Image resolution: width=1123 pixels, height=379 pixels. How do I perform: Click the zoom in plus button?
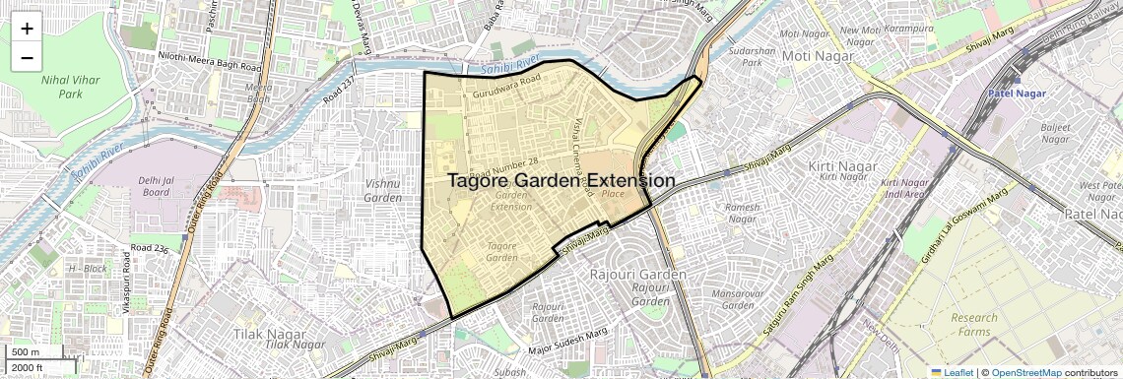tap(27, 27)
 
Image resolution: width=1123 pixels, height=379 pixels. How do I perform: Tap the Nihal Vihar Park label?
tap(70, 86)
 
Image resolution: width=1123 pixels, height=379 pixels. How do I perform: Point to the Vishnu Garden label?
tap(382, 190)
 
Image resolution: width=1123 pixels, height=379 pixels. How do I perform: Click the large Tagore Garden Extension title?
tap(561, 181)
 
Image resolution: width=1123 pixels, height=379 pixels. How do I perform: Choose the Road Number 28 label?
tap(504, 168)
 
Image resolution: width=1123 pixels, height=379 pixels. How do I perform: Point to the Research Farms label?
tap(974, 324)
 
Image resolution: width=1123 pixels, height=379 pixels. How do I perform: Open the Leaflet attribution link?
tap(952, 372)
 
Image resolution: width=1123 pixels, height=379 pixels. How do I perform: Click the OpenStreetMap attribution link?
tap(1026, 372)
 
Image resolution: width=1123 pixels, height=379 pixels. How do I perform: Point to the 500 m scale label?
tap(26, 352)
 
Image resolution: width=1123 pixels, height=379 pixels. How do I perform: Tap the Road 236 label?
tap(150, 248)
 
